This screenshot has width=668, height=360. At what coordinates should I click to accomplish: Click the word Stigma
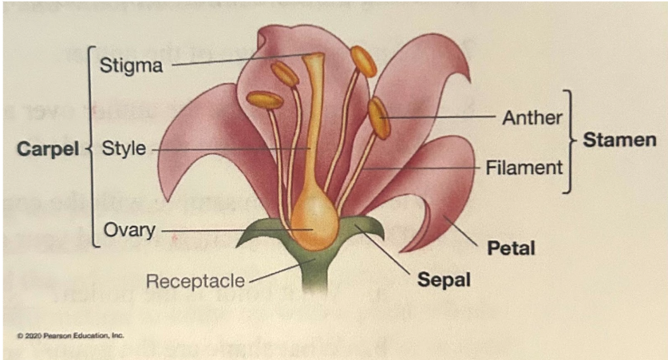point(131,65)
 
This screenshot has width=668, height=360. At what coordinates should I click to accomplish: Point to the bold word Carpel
point(46,149)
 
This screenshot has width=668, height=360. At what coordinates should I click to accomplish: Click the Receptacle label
point(195,280)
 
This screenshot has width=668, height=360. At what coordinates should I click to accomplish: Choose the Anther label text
point(532,117)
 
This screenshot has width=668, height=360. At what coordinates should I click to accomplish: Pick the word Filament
point(524,167)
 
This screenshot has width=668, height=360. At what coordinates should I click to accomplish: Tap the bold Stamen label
point(619,141)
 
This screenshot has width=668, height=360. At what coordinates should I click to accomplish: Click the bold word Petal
point(511,248)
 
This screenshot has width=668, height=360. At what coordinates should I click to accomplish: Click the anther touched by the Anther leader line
point(379,117)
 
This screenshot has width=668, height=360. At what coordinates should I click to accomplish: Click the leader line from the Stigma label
point(239,60)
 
